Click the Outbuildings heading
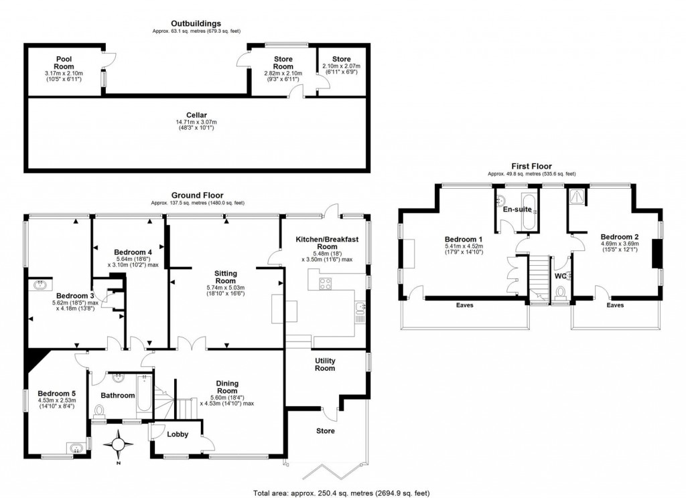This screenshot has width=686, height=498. pyautogui.click(x=196, y=23)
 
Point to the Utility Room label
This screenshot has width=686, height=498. pyautogui.click(x=325, y=365)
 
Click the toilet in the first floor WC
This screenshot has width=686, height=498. pyautogui.click(x=561, y=291)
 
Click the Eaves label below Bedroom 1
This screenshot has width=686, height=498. pyautogui.click(x=464, y=305)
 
